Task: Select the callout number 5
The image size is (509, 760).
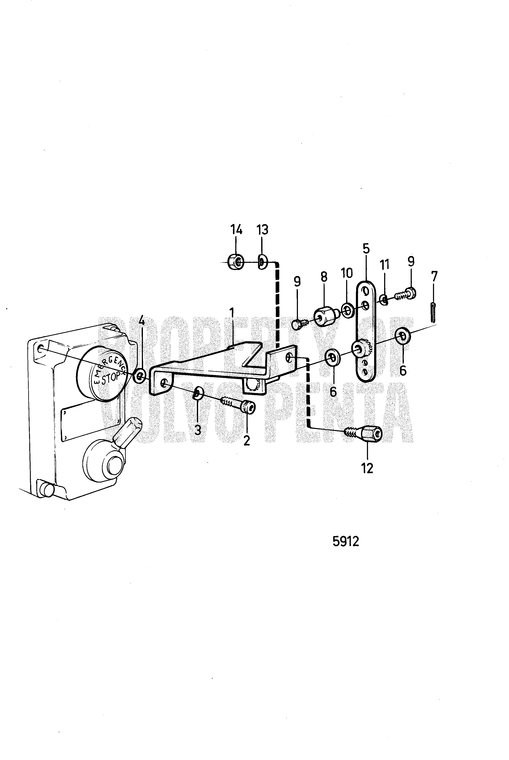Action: [x=366, y=248]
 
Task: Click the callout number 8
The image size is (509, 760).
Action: [x=324, y=277]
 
